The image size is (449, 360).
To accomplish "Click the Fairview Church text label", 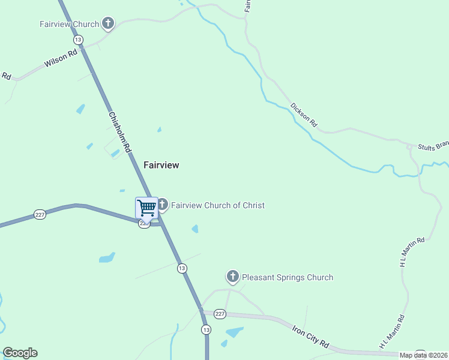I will click(69, 25).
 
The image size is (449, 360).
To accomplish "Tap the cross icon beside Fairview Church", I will click(108, 24).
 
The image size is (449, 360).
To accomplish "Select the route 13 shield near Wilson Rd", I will click(78, 40).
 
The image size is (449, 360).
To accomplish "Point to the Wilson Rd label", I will click(61, 58).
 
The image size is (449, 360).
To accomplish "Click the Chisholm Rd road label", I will click(120, 132).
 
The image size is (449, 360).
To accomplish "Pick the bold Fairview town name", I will click(161, 164).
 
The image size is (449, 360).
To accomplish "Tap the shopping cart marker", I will click(146, 208).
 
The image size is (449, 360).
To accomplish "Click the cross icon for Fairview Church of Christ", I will click(162, 205).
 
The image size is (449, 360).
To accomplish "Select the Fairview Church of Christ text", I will click(217, 205).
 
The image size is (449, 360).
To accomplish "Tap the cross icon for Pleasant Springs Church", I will click(233, 277).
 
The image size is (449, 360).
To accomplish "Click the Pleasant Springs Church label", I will click(287, 277).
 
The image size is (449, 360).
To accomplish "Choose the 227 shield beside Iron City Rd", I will click(220, 314).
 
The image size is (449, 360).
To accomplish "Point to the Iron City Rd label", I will click(311, 337).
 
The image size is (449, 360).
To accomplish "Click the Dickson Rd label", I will click(304, 115).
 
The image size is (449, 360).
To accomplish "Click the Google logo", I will click(20, 353).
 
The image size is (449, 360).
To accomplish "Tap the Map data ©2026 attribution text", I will click(423, 355).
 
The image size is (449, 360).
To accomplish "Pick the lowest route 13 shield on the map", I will click(206, 329).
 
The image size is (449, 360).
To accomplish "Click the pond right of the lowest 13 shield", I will click(234, 332).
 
